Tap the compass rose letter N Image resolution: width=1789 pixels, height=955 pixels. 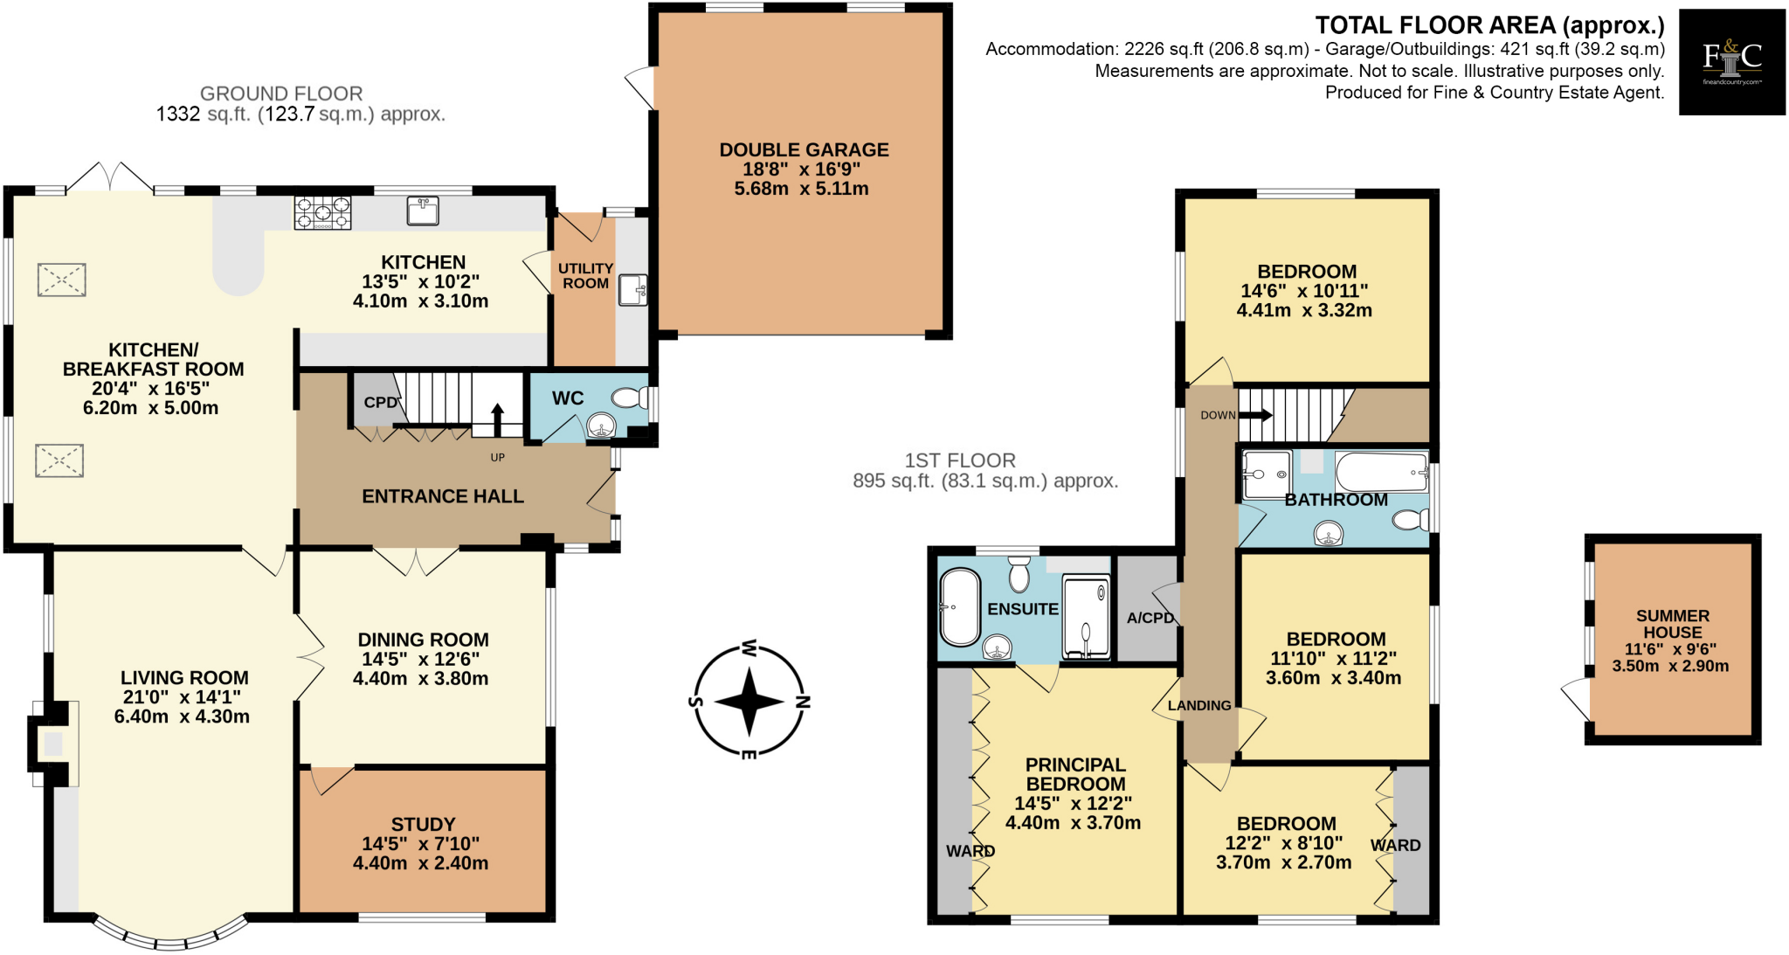point(804,701)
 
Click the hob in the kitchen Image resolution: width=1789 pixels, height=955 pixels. point(322,212)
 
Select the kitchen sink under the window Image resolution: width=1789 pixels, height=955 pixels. point(423,211)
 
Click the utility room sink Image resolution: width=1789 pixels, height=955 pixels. point(632,289)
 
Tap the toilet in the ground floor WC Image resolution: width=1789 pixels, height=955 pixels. point(629,398)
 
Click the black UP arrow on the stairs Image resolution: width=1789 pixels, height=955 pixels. point(497,419)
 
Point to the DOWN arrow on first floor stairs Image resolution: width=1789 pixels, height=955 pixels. point(1255,415)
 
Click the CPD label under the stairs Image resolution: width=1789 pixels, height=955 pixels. point(380,403)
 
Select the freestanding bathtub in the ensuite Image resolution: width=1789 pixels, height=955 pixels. point(959,607)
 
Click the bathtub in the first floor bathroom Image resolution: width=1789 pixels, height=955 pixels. point(1380,473)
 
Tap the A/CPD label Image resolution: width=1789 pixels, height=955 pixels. point(1150,618)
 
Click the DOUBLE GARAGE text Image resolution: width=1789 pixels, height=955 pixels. point(804,150)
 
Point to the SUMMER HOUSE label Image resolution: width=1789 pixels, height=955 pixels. point(1672,624)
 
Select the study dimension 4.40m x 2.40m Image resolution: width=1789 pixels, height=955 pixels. point(420,863)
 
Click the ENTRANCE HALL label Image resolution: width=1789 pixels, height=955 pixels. point(443,496)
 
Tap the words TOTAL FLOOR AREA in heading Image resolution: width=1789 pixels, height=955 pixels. point(1435,25)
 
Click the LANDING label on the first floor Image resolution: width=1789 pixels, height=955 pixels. point(1198,705)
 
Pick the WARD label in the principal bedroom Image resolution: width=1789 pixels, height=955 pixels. point(970,850)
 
